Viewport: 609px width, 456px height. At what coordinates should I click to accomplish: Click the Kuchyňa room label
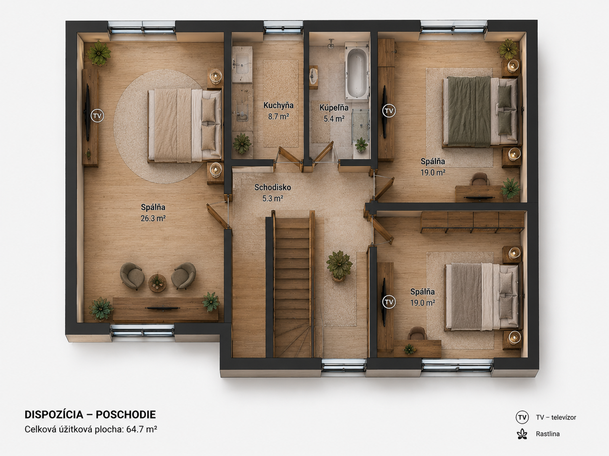[x=278, y=105]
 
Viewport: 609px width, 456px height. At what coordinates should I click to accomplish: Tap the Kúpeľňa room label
[x=334, y=107]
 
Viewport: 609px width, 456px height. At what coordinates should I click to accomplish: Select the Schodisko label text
[x=273, y=187]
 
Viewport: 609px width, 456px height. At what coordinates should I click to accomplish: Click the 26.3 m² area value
[x=153, y=218]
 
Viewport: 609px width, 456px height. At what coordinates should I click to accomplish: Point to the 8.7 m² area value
[x=278, y=117]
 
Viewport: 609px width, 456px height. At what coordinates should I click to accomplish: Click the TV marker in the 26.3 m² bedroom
[x=98, y=116]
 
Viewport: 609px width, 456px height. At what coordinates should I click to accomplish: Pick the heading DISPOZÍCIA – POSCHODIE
[x=90, y=415]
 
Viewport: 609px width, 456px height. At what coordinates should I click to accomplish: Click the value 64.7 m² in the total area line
[x=141, y=429]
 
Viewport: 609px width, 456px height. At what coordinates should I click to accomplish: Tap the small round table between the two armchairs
[x=157, y=283]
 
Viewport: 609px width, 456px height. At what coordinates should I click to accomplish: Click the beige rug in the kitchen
[x=280, y=104]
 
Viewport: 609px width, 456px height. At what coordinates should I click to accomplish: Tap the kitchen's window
[x=283, y=28]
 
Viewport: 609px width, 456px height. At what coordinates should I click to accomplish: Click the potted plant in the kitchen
[x=242, y=144]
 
